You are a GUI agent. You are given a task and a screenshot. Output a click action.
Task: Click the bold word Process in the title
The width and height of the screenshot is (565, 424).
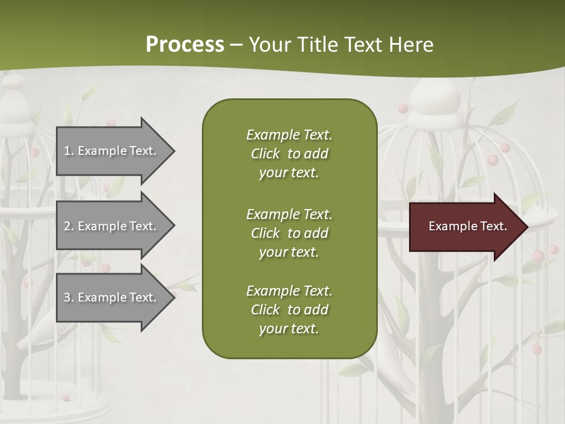(x=185, y=44)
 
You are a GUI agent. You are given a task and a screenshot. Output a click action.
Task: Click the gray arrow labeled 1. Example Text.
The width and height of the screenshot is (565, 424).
(x=112, y=151)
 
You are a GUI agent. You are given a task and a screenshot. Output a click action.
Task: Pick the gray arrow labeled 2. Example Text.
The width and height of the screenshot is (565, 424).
(x=112, y=226)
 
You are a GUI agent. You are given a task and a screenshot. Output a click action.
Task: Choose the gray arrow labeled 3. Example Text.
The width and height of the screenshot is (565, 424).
(x=112, y=297)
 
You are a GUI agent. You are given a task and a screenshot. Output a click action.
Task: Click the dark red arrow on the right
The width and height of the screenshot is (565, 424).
(x=465, y=226)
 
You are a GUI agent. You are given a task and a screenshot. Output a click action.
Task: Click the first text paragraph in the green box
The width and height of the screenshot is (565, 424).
(x=289, y=154)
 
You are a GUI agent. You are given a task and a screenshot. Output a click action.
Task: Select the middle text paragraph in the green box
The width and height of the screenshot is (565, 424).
(x=289, y=233)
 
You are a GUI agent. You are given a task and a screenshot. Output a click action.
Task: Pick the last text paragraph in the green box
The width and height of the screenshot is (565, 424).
(x=289, y=310)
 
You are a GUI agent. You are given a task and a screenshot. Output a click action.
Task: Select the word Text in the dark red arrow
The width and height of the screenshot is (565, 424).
(x=493, y=226)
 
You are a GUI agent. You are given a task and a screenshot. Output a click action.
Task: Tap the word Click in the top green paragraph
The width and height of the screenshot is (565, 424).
(x=265, y=154)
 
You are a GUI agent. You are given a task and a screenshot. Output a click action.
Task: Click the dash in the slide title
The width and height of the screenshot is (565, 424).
(x=236, y=45)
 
